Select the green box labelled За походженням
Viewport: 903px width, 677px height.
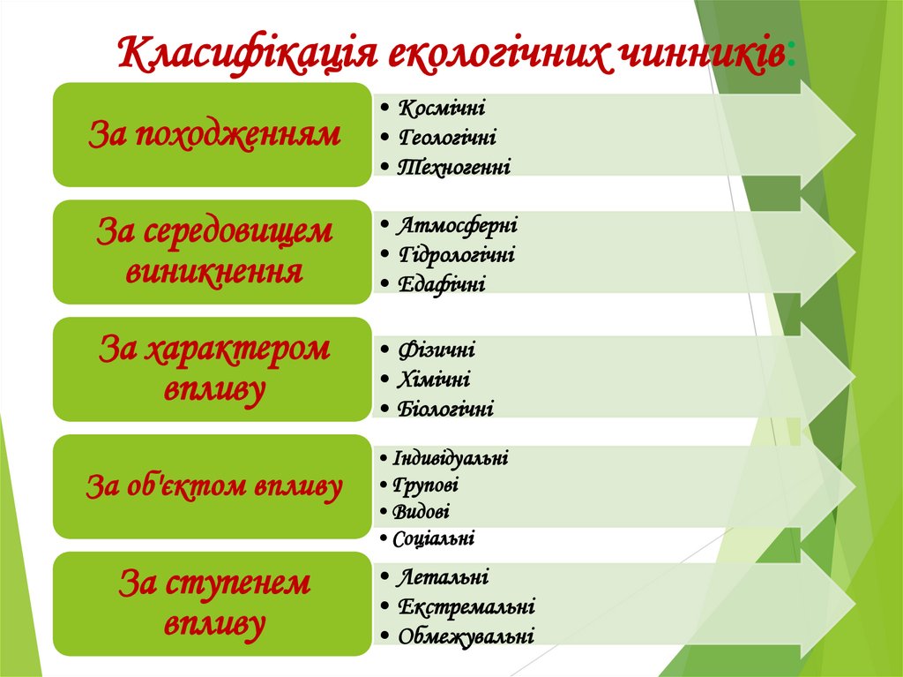[213, 135]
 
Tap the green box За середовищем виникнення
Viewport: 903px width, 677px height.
[213, 252]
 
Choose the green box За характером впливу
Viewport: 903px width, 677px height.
[213, 369]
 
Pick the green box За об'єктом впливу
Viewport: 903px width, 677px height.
[213, 486]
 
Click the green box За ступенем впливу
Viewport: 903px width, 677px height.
[213, 604]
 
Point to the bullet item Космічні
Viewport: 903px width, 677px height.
[442, 109]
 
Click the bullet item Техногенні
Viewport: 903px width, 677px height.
[454, 167]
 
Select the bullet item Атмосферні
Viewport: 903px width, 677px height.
[457, 225]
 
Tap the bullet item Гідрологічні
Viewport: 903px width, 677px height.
[456, 255]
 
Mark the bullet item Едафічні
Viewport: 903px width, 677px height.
[441, 284]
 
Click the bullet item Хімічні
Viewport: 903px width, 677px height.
[434, 380]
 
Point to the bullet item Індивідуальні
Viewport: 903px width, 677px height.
[451, 458]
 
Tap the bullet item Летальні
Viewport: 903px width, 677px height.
[443, 578]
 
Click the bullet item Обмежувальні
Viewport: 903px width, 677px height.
[466, 636]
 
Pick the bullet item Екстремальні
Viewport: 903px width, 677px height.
[466, 607]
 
